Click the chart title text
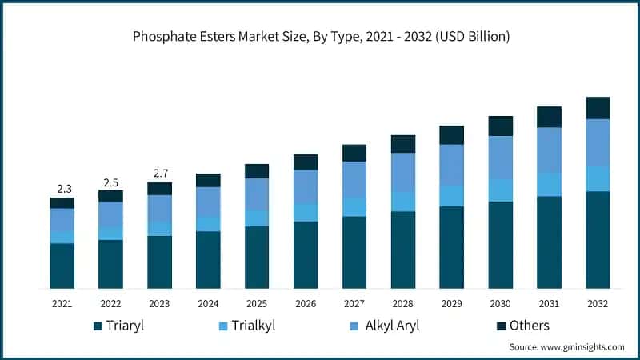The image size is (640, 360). (320, 37)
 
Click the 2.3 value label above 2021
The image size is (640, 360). (62, 189)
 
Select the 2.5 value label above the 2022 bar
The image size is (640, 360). (110, 182)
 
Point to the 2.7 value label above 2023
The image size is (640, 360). (159, 174)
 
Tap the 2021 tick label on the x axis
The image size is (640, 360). (62, 304)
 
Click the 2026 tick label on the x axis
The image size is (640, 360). (306, 304)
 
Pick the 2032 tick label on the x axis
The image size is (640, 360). (598, 304)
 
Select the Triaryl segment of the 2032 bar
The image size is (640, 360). (598, 240)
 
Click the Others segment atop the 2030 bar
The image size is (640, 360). (501, 126)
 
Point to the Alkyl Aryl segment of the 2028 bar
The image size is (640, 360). (403, 172)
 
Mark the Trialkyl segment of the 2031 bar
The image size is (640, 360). (549, 184)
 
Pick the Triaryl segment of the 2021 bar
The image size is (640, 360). (62, 266)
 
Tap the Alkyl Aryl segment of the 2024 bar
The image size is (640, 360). (208, 201)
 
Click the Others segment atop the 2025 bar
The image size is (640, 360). (257, 171)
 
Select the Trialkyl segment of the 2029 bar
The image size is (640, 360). (452, 196)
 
